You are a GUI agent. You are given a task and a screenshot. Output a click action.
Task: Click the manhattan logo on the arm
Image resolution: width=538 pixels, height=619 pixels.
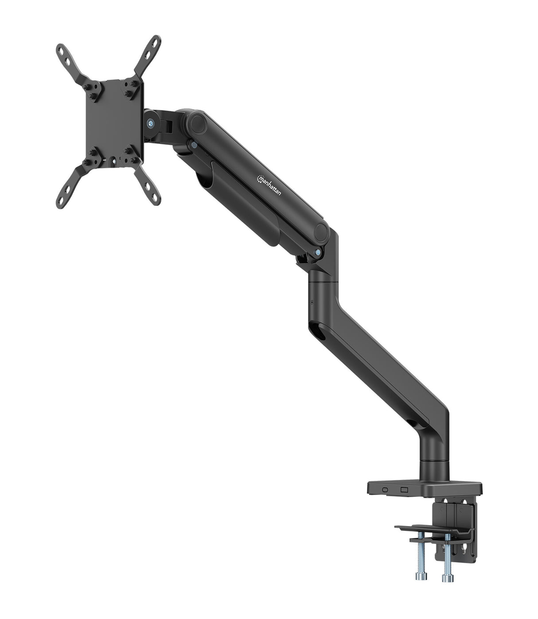click(269, 187)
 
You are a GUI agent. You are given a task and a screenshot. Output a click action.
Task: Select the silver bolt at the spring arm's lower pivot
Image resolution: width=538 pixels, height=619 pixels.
click(318, 252)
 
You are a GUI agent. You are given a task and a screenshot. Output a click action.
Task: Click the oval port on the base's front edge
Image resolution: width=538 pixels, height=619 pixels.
click(384, 490)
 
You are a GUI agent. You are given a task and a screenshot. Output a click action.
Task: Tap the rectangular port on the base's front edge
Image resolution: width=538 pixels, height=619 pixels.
click(403, 490)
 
